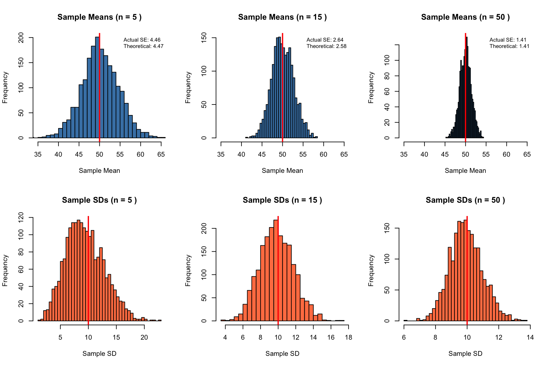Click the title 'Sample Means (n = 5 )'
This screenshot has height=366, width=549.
[99, 17]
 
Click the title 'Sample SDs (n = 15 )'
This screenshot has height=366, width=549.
[282, 200]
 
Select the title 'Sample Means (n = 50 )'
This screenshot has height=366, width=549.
[465, 17]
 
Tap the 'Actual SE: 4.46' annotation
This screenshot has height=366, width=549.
[142, 40]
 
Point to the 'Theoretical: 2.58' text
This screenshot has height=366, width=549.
[326, 46]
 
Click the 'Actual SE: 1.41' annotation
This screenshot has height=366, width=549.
[508, 40]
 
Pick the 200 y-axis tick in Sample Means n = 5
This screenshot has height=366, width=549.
[21, 38]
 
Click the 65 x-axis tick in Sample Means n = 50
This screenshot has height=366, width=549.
[527, 154]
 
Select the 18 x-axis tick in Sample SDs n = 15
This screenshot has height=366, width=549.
[349, 337]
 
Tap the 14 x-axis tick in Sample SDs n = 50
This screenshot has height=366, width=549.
[530, 337]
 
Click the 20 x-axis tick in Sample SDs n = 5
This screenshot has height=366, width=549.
[144, 337]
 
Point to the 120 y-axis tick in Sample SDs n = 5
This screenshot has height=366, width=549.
[21, 218]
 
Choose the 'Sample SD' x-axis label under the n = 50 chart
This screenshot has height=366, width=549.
[465, 354]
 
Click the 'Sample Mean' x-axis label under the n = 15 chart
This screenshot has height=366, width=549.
[282, 171]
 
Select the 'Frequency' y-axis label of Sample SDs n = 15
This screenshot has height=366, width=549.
[188, 270]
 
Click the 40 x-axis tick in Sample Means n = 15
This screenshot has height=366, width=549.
[241, 154]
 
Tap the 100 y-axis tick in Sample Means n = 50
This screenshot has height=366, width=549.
[387, 60]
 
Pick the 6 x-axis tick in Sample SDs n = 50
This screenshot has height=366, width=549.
[404, 337]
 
